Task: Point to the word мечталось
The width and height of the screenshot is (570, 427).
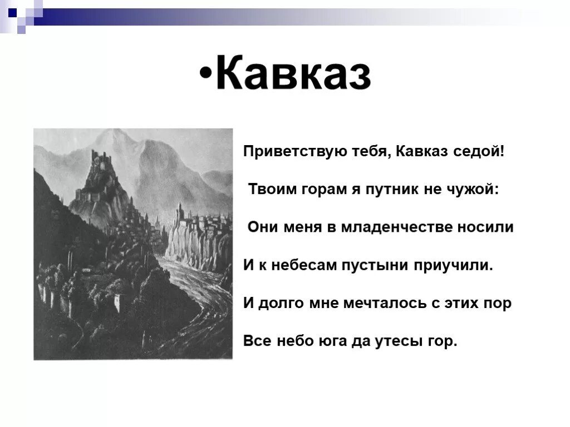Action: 372,303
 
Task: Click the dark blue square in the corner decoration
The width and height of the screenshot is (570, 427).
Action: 12,7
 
